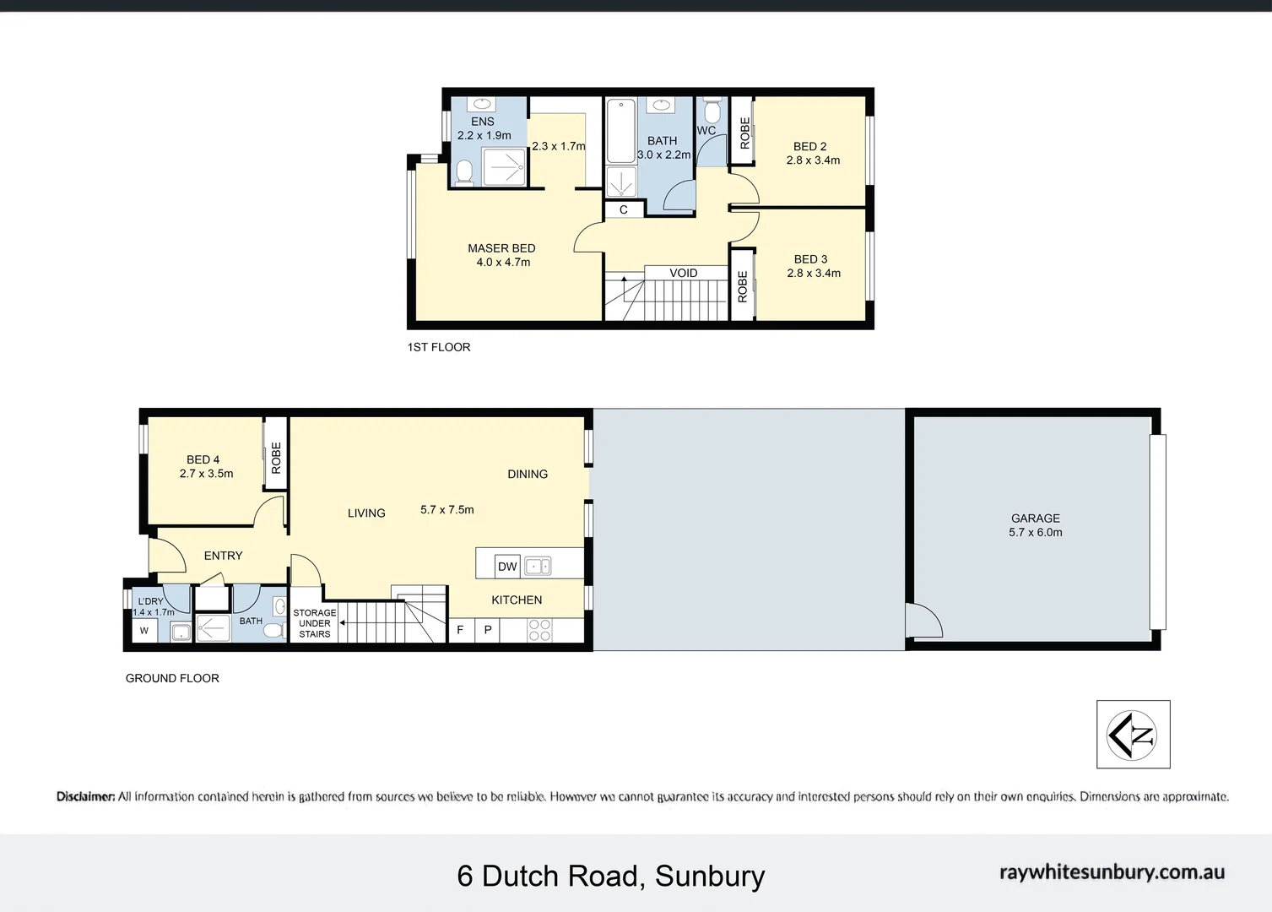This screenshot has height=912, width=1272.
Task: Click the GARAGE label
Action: click(x=1035, y=518)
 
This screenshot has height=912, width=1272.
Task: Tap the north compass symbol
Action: click(x=1133, y=735)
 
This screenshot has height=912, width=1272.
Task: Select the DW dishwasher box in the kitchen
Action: click(x=506, y=567)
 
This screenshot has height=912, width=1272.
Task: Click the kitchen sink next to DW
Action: click(x=537, y=567)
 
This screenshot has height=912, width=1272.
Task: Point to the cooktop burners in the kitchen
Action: click(x=539, y=630)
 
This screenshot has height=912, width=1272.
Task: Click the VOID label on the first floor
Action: click(x=683, y=273)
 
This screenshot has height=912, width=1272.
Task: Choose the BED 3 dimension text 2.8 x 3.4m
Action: click(x=814, y=273)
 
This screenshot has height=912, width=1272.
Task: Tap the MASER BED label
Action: click(x=501, y=248)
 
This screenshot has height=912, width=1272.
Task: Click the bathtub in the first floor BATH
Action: click(x=621, y=131)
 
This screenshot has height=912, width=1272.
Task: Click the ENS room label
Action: click(x=483, y=122)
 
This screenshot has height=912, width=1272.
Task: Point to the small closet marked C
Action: click(x=624, y=209)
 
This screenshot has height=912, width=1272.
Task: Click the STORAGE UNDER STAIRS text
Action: click(x=315, y=623)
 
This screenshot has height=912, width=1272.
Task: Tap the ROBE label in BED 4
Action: click(x=275, y=458)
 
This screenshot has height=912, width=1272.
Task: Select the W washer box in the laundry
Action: click(x=144, y=631)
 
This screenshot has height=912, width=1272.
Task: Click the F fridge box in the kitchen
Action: click(x=461, y=630)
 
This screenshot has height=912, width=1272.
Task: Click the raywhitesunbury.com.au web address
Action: click(x=1112, y=872)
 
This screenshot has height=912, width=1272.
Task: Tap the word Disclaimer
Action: click(x=85, y=796)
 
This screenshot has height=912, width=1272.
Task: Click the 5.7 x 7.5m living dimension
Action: click(x=447, y=509)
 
